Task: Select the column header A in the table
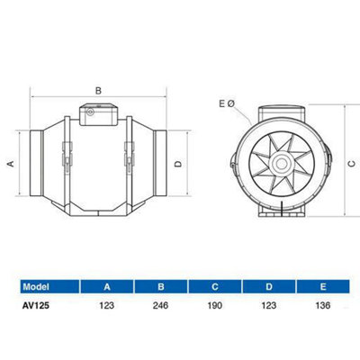[x=107, y=287]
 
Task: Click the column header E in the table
[x=322, y=287]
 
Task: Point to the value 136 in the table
[x=322, y=307]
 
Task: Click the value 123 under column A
[x=107, y=307]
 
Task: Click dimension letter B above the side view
[x=98, y=89]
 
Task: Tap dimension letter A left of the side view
[x=10, y=163]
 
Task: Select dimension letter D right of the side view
[x=178, y=163]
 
